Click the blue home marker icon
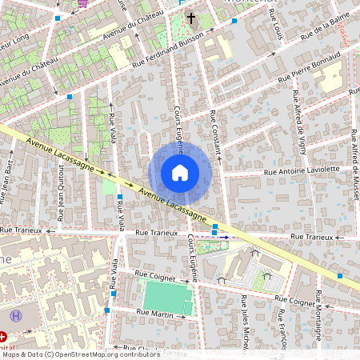[x=180, y=173]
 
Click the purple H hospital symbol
[x=18, y=318]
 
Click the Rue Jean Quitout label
[x=61, y=188]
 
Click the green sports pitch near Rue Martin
[x=168, y=298]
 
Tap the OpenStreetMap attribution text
[x=80, y=354]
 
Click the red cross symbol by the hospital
[x=4, y=338]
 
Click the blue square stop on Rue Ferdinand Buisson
[x=233, y=22]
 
